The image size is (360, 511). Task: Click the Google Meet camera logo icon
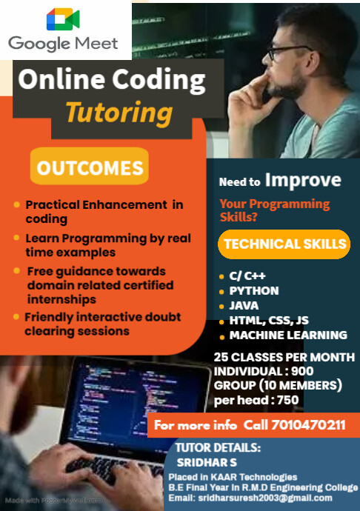tap(63, 19)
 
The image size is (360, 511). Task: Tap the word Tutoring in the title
tap(119, 113)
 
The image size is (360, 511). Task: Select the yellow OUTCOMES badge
tap(90, 167)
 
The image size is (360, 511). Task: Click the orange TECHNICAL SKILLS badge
tap(284, 244)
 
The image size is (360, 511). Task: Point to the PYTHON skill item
tap(254, 290)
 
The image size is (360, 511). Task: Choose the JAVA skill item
tap(244, 305)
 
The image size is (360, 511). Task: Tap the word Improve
tap(303, 181)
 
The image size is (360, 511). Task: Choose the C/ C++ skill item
tap(247, 275)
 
